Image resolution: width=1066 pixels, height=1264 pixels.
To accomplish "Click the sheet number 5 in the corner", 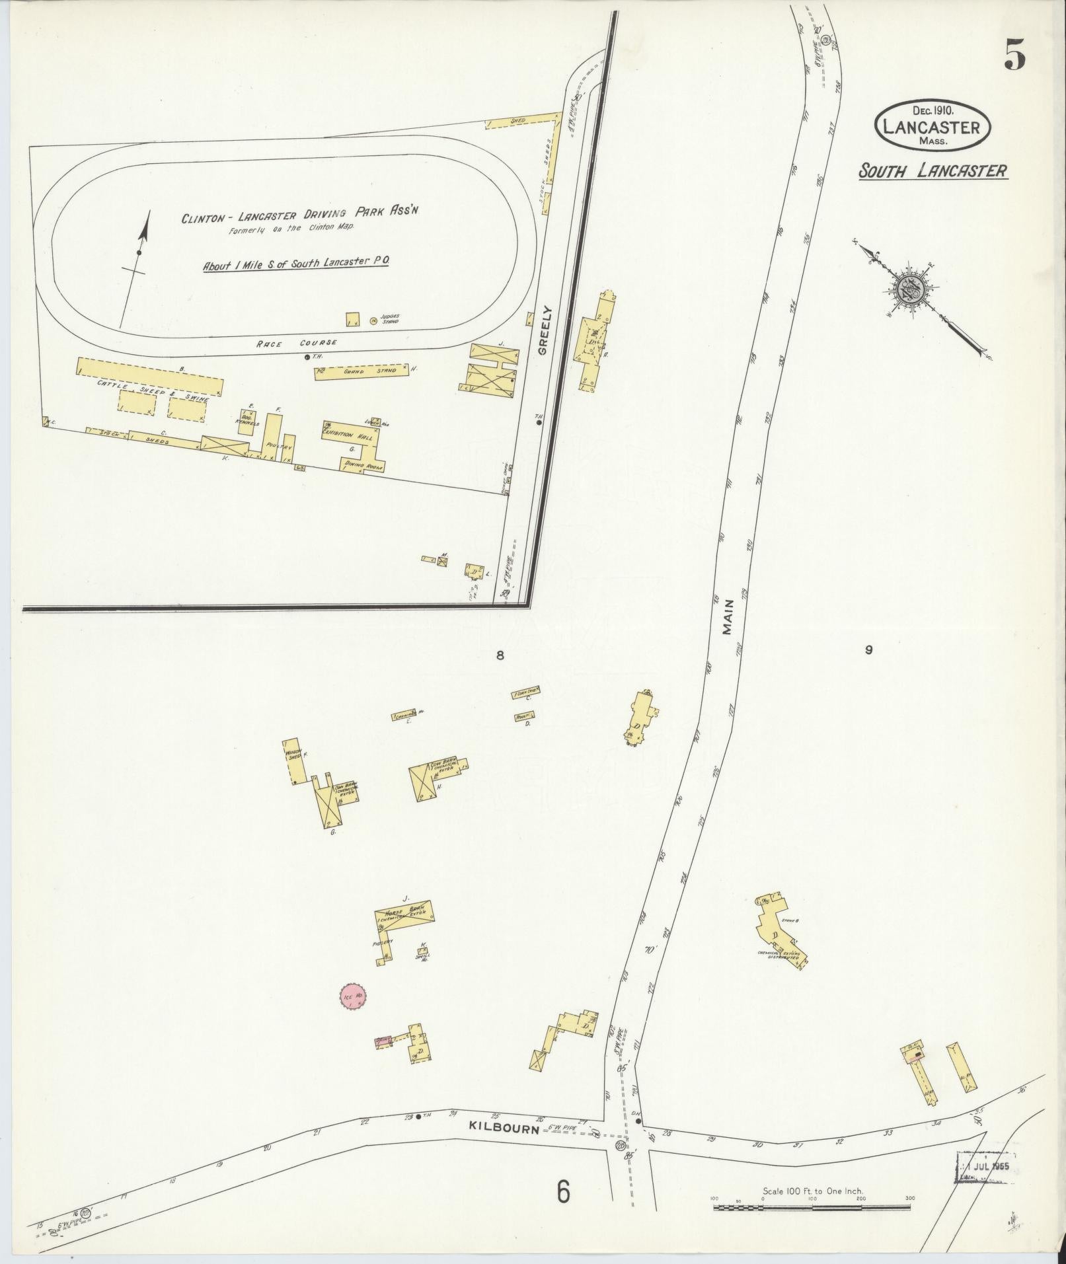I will [x=1014, y=55].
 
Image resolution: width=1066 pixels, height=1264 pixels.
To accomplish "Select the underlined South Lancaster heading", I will [x=933, y=171].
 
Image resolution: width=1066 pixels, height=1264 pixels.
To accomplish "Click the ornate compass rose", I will [x=911, y=289].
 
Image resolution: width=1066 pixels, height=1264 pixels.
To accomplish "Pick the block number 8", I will [x=500, y=655].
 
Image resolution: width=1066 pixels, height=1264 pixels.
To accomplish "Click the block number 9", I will [x=868, y=650].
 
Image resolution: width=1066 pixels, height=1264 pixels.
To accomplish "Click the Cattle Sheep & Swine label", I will [x=153, y=390].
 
